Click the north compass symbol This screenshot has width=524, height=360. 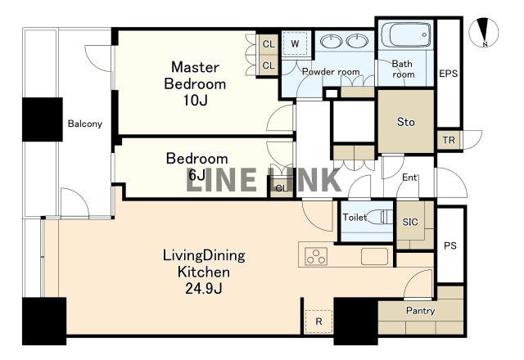click(484, 33)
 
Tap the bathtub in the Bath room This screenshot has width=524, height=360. click(406, 34)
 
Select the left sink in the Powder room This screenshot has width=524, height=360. click(331, 41)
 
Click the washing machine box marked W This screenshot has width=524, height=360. click(295, 43)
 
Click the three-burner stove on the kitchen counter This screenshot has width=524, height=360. click(316, 256)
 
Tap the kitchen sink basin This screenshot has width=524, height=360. click(375, 256)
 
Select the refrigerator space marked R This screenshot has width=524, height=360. click(318, 322)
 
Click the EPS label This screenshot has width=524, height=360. click(448, 74)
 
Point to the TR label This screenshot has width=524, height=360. click(449, 140)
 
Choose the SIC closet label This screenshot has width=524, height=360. click(410, 222)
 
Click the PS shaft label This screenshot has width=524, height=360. click(450, 245)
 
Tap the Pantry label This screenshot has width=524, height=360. click(420, 311)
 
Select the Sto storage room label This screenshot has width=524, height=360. click(406, 122)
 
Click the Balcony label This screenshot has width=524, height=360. click(85, 124)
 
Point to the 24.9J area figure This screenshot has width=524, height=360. click(204, 288)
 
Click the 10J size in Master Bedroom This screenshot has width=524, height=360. click(195, 100)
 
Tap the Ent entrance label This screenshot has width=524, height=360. click(409, 178)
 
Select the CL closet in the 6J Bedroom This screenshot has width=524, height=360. click(282, 188)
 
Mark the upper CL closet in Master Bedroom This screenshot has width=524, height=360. click(269, 43)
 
